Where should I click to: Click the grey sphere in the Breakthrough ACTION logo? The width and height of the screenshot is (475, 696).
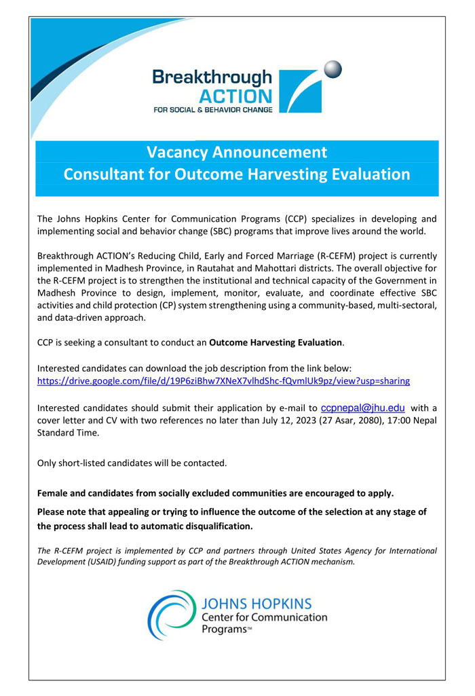[332, 69]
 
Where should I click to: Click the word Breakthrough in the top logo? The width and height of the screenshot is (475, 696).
[212, 77]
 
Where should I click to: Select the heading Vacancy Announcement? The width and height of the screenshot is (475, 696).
[237, 152]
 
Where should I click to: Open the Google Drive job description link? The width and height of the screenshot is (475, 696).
[223, 381]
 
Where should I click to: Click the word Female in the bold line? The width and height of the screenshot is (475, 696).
[53, 493]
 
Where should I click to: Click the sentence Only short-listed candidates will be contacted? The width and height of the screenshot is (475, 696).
[132, 463]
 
